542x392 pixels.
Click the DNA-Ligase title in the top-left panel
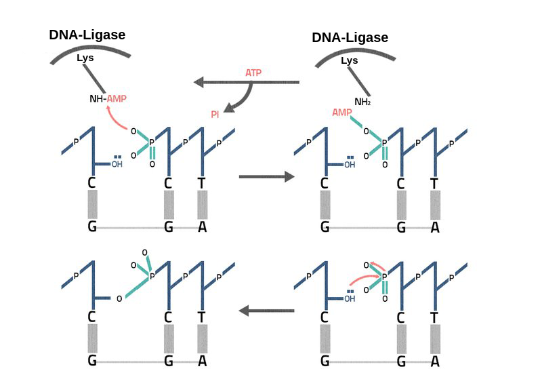pyautogui.click(x=87, y=35)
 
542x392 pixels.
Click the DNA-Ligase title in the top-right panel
pyautogui.click(x=350, y=37)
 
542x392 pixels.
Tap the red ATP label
pyautogui.click(x=253, y=73)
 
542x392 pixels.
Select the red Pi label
pyautogui.click(x=215, y=115)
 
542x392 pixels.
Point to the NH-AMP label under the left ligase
pyautogui.click(x=108, y=98)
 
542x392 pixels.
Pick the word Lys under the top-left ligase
pyautogui.click(x=85, y=58)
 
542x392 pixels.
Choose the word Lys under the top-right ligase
pyautogui.click(x=349, y=60)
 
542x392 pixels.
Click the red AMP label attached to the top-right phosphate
pyautogui.click(x=342, y=112)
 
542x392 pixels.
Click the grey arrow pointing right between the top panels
pyautogui.click(x=266, y=177)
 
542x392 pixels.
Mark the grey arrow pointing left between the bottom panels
pyautogui.click(x=266, y=311)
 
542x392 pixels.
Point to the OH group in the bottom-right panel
pyautogui.click(x=350, y=297)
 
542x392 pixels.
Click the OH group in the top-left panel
pyautogui.click(x=117, y=163)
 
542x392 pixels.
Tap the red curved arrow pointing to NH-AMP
pyautogui.click(x=116, y=119)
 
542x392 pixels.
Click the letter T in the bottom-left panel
pyautogui.click(x=201, y=317)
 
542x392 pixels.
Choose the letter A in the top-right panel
pyautogui.click(x=435, y=227)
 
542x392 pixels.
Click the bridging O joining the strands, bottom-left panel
pyautogui.click(x=119, y=298)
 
